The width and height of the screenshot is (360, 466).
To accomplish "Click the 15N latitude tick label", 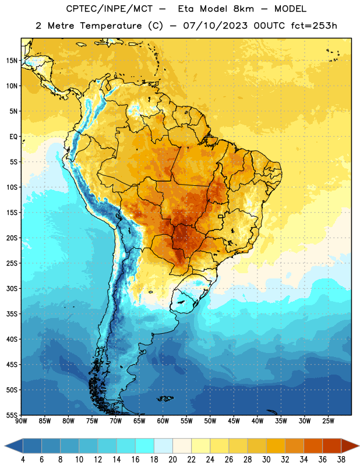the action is [x=12, y=61].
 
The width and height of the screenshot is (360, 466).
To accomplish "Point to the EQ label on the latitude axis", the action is [x=13, y=137].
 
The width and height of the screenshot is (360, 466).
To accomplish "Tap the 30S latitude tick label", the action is [x=12, y=288].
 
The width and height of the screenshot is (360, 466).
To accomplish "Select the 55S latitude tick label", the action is [x=12, y=415].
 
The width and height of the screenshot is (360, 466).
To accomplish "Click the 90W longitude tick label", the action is [x=21, y=421].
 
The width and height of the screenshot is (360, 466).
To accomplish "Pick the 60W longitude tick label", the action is [x=163, y=421].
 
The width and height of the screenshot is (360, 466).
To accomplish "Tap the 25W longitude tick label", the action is [x=328, y=421].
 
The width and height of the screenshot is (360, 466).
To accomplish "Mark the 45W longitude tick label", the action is [x=234, y=421].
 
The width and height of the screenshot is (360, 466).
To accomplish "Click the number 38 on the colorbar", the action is [x=341, y=460].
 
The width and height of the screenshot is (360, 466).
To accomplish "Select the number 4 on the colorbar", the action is [x=23, y=460].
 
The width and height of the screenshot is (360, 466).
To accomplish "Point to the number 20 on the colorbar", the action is [x=172, y=460].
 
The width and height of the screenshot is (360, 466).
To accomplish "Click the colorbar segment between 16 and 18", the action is [x=145, y=446].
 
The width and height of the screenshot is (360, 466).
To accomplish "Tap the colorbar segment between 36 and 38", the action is [x=332, y=446].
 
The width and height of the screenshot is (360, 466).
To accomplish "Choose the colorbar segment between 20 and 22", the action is [x=182, y=446].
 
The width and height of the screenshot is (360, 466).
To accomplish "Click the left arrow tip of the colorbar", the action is [x=5, y=446].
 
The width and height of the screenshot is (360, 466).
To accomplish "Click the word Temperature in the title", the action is [x=111, y=26].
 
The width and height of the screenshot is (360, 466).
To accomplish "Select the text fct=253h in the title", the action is [x=314, y=26].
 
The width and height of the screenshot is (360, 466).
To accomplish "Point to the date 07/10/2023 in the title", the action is [x=215, y=26].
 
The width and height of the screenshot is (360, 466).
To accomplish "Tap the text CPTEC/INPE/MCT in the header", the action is [x=109, y=9].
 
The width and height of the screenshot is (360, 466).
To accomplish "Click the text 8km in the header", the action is [x=243, y=9].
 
